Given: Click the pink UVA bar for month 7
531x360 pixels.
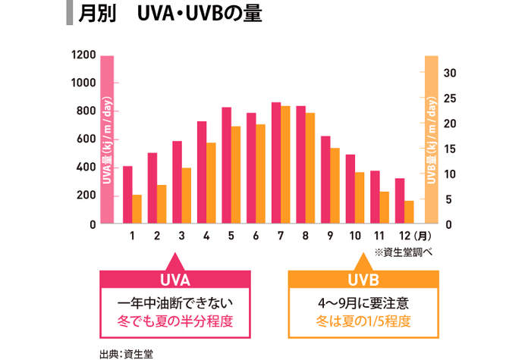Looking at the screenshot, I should [276, 163].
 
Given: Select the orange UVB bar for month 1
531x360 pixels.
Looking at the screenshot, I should [137, 209].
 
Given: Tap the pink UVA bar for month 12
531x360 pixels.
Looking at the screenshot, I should [400, 201].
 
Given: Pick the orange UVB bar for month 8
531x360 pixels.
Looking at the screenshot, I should [310, 168].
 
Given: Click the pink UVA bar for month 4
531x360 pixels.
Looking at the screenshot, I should [202, 172].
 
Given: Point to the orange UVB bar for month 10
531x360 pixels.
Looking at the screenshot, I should [360, 198].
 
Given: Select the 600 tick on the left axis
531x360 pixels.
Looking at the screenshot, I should [86, 139].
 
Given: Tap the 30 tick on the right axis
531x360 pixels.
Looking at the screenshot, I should [449, 73].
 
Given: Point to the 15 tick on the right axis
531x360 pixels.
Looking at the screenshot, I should [449, 149].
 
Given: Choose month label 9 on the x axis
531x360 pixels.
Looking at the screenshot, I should [330, 236].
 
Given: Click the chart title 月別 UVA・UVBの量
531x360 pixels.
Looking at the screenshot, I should [170, 15].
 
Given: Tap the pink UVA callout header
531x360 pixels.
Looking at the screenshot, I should [175, 279].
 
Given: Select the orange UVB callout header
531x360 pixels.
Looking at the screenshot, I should [364, 279].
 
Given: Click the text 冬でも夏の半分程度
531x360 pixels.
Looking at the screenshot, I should [175, 321].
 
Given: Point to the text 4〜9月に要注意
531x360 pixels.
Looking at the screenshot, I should [364, 302].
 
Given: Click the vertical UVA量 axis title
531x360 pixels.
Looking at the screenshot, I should [107, 140].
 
